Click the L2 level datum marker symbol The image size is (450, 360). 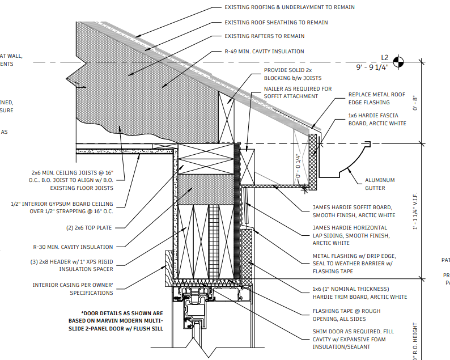(400, 61)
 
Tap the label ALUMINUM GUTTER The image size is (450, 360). (380, 184)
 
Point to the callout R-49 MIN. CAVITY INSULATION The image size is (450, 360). (264, 52)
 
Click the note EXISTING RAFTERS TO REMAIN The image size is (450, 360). (265, 36)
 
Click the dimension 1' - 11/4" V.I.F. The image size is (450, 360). (417, 210)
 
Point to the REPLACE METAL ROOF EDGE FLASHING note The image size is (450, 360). (377, 99)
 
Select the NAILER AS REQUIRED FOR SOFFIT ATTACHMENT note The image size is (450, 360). (298, 94)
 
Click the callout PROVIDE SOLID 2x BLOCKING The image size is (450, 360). (292, 74)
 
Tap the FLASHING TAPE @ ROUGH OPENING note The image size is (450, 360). (346, 315)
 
